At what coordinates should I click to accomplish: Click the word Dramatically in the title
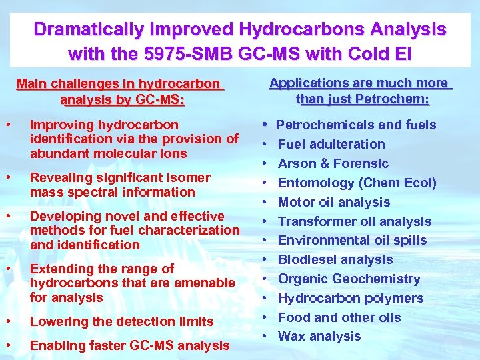pos(88,30)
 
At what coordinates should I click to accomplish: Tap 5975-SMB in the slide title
pos(189,52)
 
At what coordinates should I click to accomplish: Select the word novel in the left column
pos(115,216)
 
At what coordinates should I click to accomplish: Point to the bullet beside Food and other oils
pos(265,317)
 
